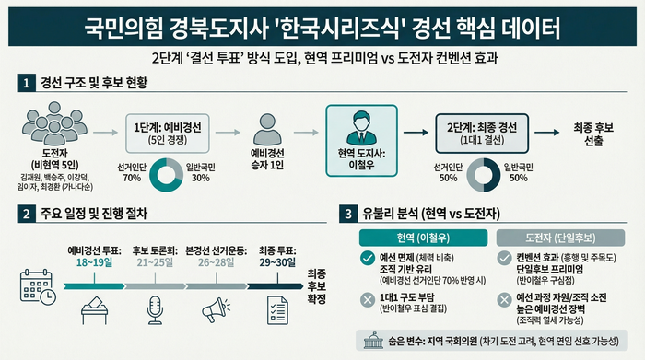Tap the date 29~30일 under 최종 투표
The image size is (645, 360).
click(278, 262)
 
